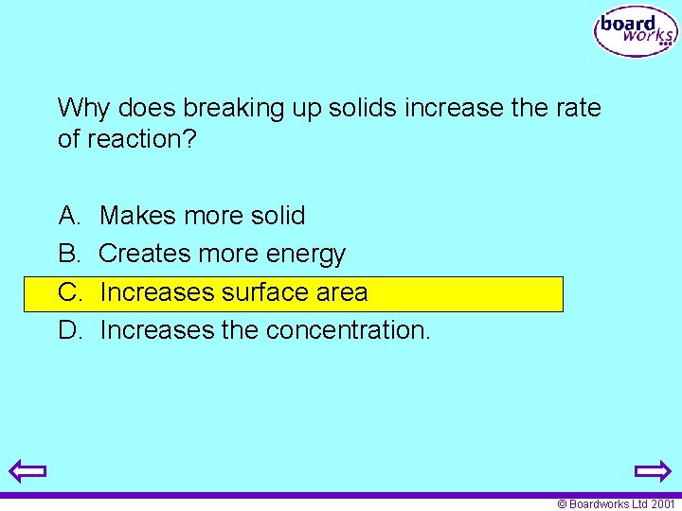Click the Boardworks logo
coord(636,33)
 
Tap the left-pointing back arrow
coord(27,470)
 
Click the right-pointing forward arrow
coord(653,470)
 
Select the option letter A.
coord(69,216)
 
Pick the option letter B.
coord(69,254)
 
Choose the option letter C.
coord(69,292)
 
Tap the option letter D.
coord(69,330)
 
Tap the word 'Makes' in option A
coord(138,216)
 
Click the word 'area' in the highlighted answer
coord(342,292)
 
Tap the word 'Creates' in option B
coord(143,254)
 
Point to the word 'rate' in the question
coord(578,108)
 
